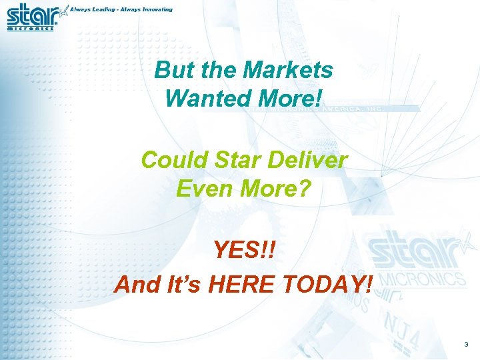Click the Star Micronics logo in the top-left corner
coord(33,17)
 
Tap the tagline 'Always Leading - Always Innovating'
coord(121,9)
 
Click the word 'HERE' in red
coord(241,285)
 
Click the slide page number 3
coord(466,345)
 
